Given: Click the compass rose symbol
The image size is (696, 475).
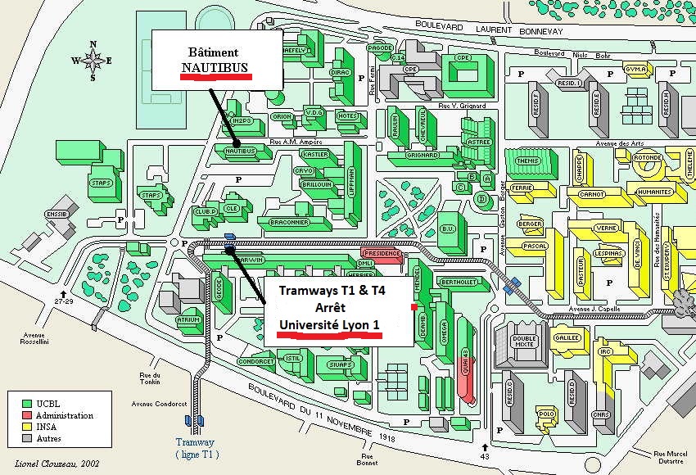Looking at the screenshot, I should click(x=93, y=60).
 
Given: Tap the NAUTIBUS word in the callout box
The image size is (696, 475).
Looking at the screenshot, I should click(x=215, y=66).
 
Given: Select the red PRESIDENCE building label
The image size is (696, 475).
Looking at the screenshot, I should click(x=382, y=253).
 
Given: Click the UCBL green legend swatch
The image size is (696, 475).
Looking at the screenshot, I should click(x=26, y=405).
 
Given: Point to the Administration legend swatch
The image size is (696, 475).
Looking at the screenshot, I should click(x=26, y=415).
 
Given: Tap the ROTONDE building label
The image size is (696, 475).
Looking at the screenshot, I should click(x=647, y=158).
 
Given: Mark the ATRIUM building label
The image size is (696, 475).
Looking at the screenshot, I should click(x=189, y=320).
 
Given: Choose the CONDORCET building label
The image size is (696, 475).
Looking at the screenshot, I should click(x=255, y=361).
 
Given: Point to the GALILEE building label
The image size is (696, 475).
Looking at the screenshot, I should click(x=567, y=337).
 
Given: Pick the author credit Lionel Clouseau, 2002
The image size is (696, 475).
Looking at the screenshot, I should click(x=48, y=464).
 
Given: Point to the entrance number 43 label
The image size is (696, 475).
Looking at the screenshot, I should click(x=486, y=455).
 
